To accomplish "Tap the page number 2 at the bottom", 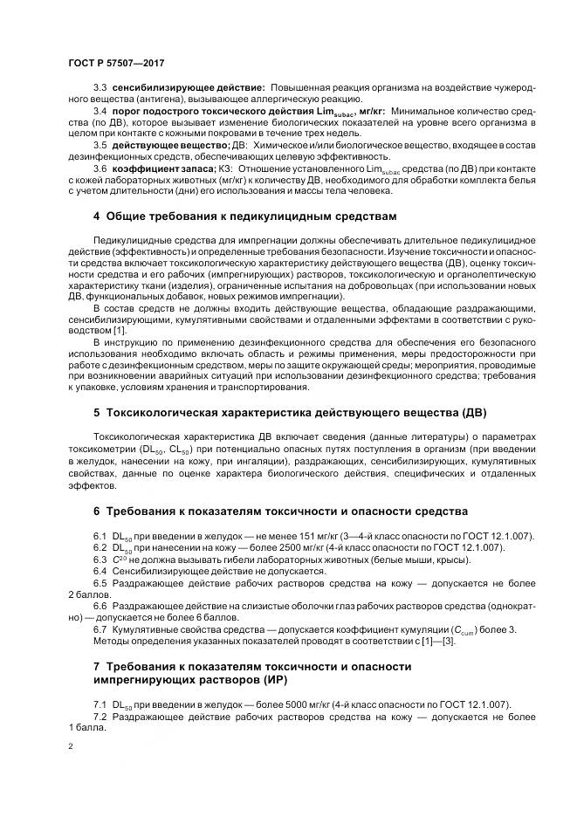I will point(71,748).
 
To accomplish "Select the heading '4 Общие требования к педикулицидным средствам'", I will point(244,215).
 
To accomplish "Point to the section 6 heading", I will point(280,511).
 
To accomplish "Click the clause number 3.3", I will point(100,89).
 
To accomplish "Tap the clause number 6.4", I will point(100,571).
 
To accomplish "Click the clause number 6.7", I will point(100,631).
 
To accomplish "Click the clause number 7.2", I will point(100,716).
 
